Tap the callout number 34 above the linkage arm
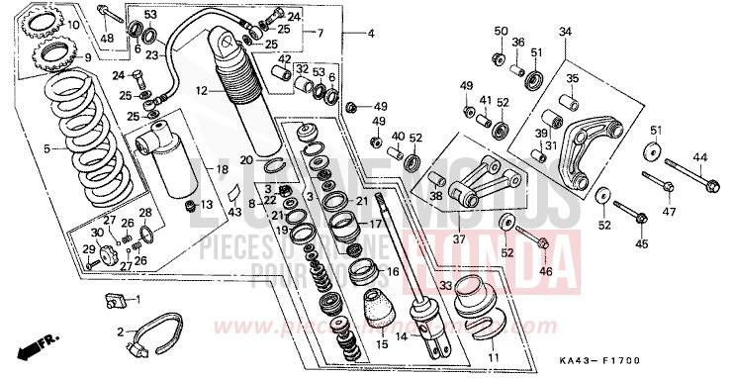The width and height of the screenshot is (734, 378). pyautogui.click(x=565, y=33)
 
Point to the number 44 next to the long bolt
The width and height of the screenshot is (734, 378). pyautogui.click(x=699, y=158)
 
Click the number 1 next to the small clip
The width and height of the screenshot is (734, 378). pyautogui.click(x=138, y=299)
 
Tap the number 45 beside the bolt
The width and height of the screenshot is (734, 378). pyautogui.click(x=641, y=243)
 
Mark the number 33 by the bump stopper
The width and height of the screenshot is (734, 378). pyautogui.click(x=447, y=286)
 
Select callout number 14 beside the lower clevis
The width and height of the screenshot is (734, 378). pyautogui.click(x=402, y=336)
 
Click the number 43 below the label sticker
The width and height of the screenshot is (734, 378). pyautogui.click(x=233, y=212)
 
